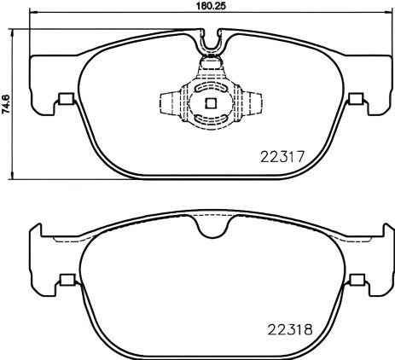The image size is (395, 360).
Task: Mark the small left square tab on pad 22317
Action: (62, 100)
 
